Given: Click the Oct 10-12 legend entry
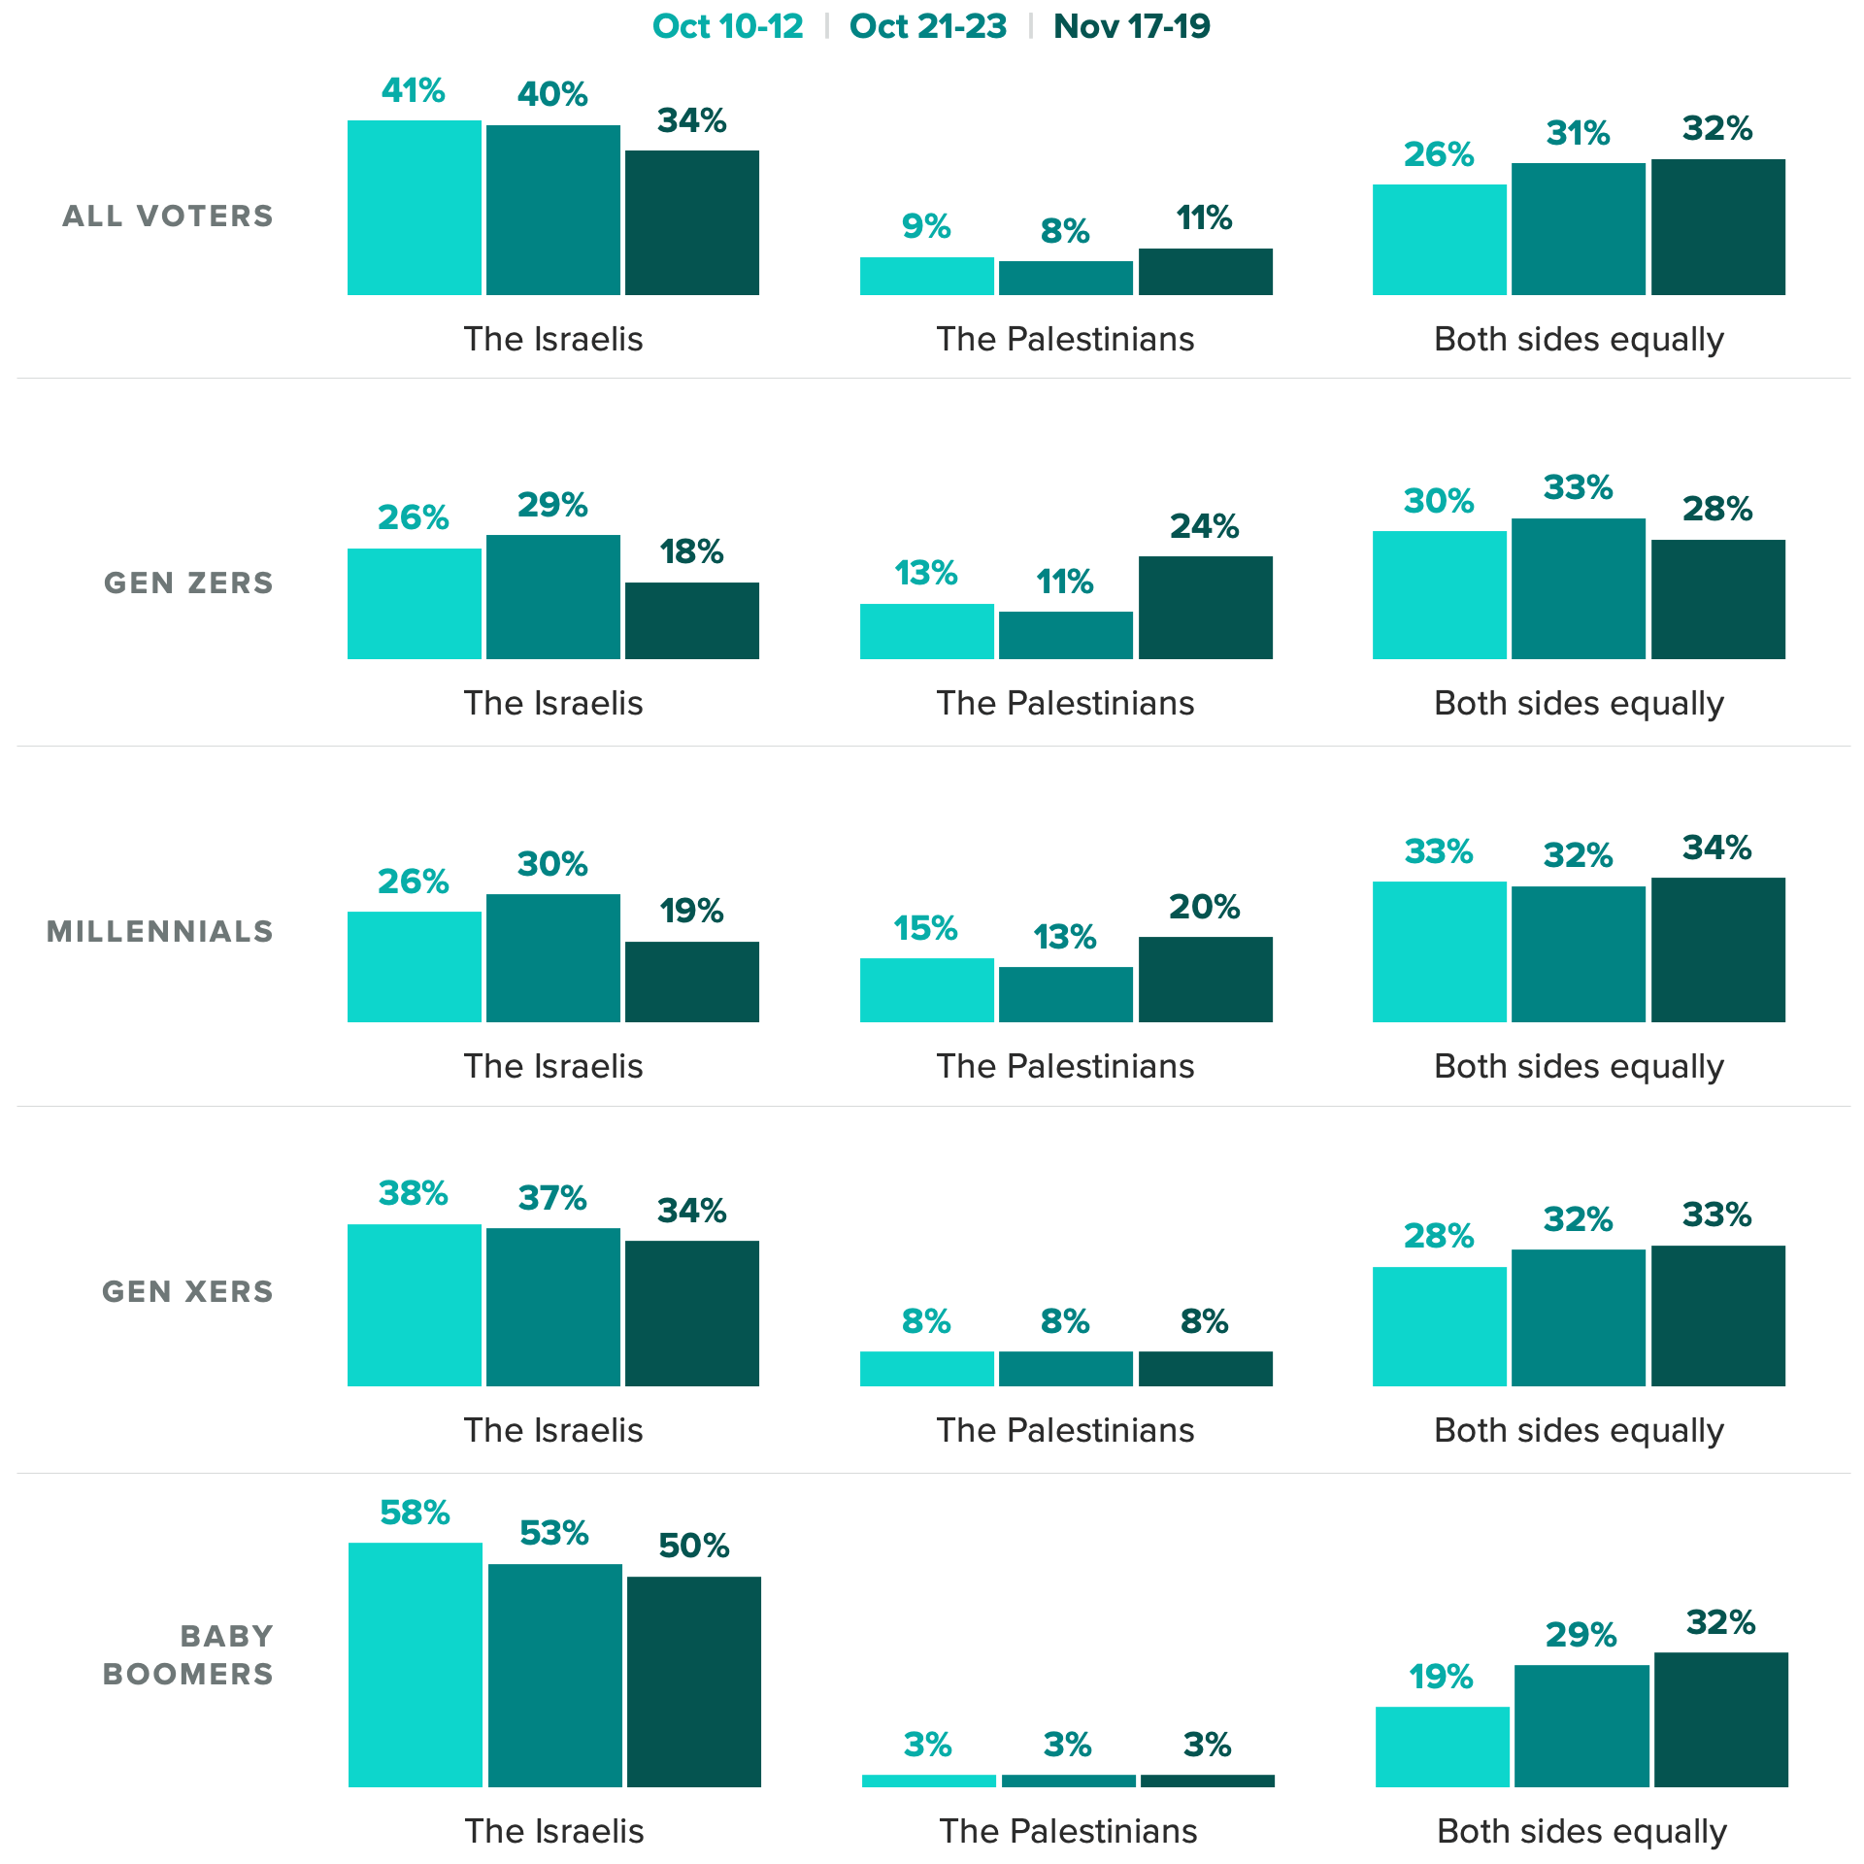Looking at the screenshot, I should click(x=728, y=26).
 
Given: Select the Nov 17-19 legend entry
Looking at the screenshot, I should click(x=1132, y=26).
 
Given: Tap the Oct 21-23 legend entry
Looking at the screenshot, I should click(x=928, y=26).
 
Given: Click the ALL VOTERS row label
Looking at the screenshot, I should click(x=168, y=216).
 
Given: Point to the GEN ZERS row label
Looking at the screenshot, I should click(x=188, y=582).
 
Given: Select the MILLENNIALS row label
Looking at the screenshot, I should click(x=160, y=931).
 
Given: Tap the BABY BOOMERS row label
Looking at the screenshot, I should click(x=188, y=1654).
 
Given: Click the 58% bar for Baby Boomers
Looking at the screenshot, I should click(x=416, y=1664).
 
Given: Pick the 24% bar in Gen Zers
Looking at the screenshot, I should click(x=1205, y=608).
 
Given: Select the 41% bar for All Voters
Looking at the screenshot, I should click(x=415, y=208).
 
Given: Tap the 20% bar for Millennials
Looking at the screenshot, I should click(x=1205, y=979).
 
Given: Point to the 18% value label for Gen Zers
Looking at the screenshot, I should click(x=691, y=551).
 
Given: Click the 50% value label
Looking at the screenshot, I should click(x=693, y=1546).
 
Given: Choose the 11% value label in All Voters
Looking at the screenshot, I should click(x=1204, y=217).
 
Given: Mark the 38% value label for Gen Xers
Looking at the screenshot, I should click(x=414, y=1193).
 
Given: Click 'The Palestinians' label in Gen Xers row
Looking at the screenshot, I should click(x=1065, y=1430).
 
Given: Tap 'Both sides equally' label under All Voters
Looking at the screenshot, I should click(x=1579, y=339).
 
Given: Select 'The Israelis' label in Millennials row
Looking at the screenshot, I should click(x=553, y=1066).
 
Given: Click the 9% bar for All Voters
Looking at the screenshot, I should click(x=927, y=276).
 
